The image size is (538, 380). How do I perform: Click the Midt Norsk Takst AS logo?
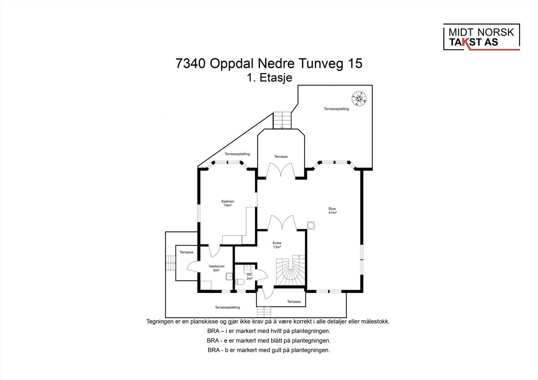[481, 37]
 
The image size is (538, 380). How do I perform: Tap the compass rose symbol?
[359, 99]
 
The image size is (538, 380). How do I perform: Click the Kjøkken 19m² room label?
[228, 203]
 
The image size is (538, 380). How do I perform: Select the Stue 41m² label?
[332, 211]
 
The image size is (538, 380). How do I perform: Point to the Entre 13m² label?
[277, 245]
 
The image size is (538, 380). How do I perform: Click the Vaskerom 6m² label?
[217, 268]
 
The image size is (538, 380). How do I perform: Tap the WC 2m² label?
[249, 277]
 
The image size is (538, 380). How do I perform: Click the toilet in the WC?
[240, 282]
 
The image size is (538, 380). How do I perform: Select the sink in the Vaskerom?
[229, 277]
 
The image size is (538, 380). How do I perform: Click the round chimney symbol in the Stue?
[311, 226]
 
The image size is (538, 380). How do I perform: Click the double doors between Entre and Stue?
[282, 223]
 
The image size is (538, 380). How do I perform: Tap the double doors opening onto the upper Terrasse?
[280, 171]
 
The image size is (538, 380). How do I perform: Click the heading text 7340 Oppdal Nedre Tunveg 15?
[269, 64]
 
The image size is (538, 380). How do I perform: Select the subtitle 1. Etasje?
[269, 78]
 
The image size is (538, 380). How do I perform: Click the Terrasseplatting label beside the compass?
[336, 109]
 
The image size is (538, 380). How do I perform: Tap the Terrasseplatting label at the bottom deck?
[227, 307]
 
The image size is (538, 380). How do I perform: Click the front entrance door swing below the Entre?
[268, 293]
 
